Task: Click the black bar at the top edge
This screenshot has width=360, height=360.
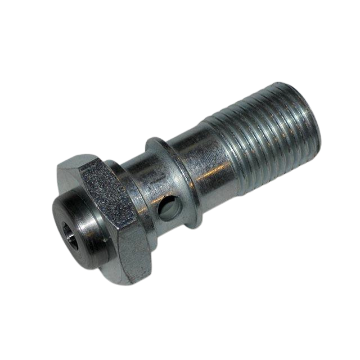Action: [x=180, y=22]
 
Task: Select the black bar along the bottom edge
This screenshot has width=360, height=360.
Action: [x=180, y=337]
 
